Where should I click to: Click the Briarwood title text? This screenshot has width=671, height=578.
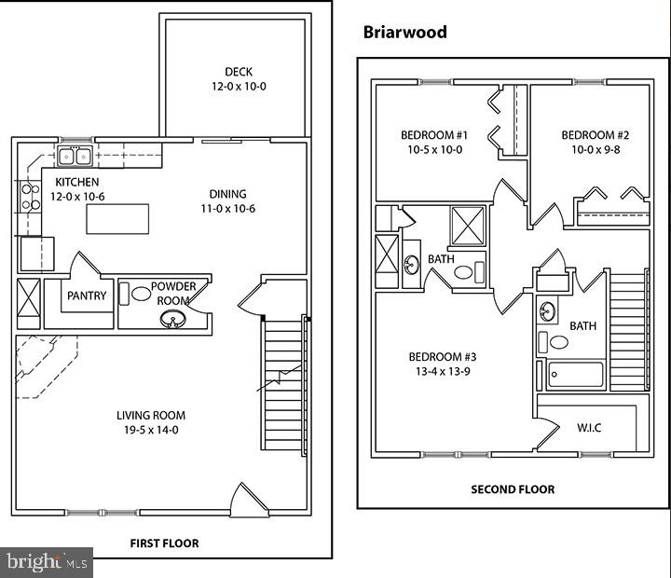(404, 33)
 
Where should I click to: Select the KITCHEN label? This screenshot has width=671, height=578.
(77, 182)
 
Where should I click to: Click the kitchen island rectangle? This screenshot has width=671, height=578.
(117, 220)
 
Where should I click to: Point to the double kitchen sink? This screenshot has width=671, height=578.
(74, 156)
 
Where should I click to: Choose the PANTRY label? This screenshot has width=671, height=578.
(87, 296)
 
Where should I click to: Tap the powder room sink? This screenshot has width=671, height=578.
(171, 321)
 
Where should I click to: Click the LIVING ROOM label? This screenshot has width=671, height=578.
(151, 416)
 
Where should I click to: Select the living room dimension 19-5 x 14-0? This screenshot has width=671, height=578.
(151, 430)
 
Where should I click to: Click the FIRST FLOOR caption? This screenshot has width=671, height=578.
(164, 543)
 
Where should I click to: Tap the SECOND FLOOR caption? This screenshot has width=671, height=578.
(512, 489)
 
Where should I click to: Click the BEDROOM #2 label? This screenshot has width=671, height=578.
(588, 135)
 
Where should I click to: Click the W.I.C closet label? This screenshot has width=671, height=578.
(590, 429)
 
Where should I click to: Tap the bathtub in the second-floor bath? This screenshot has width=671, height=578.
(575, 375)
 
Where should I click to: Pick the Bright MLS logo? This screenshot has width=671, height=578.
(47, 561)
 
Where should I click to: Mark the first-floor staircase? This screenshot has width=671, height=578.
(283, 382)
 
